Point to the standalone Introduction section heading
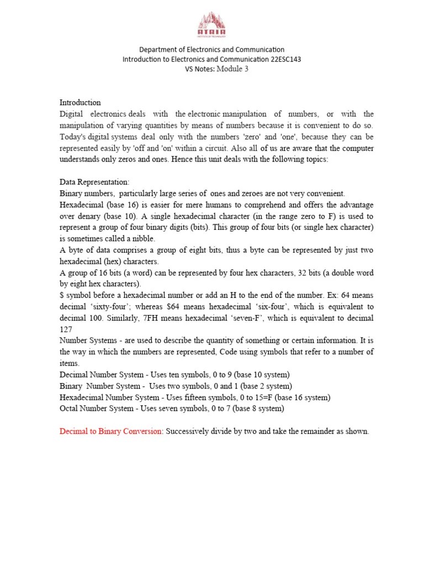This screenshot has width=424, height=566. tap(80, 102)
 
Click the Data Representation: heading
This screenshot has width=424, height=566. tap(94, 181)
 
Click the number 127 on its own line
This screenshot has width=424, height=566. tap(66, 329)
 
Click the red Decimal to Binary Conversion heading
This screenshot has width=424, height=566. tap(111, 431)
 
